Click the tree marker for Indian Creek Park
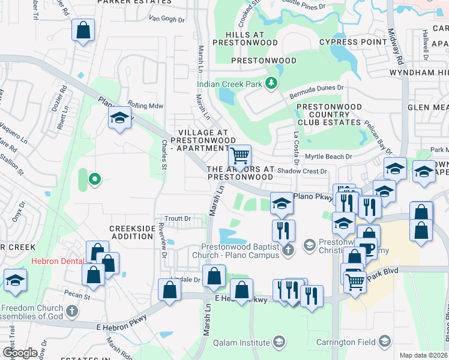(x=271, y=83)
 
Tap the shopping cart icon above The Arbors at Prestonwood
(x=240, y=156)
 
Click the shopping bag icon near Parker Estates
(x=83, y=29)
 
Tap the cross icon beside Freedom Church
(x=72, y=310)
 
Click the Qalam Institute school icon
(x=278, y=342)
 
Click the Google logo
(x=20, y=353)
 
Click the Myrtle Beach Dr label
(x=328, y=157)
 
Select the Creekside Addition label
(x=131, y=232)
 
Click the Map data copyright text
(x=424, y=355)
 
